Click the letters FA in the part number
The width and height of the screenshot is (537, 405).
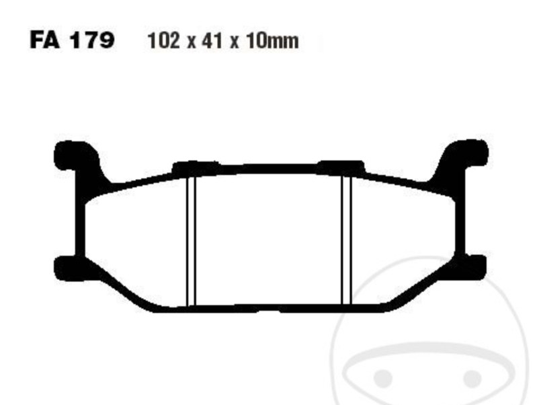click(x=46, y=40)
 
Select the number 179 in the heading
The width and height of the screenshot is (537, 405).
click(x=91, y=40)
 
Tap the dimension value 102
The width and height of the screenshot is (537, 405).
click(x=163, y=41)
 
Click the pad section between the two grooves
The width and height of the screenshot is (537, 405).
click(x=269, y=239)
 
